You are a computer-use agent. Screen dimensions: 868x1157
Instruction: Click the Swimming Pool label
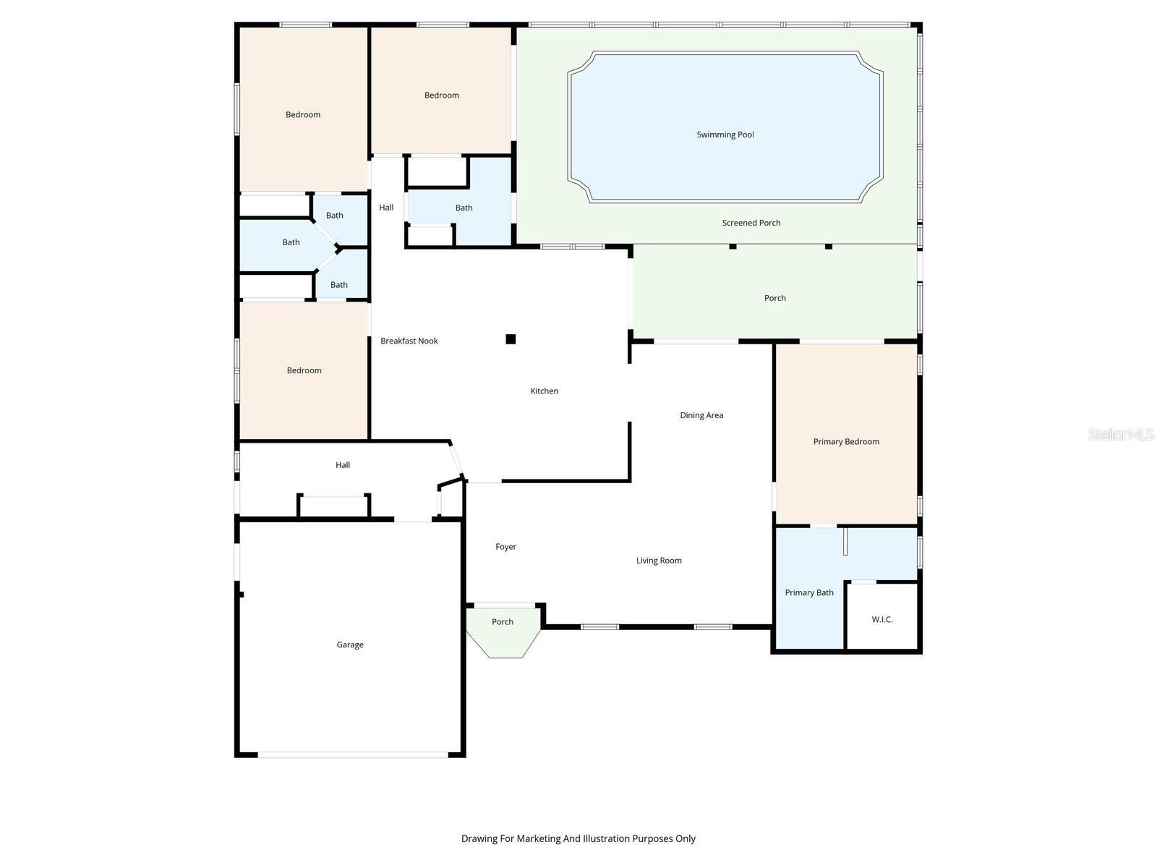tap(725, 135)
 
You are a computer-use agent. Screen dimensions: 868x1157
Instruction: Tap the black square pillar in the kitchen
tap(511, 339)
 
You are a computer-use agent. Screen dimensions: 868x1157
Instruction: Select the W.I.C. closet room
tap(882, 619)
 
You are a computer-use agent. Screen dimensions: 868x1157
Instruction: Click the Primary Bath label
tap(809, 592)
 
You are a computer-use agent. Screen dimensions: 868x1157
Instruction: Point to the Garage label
tap(350, 644)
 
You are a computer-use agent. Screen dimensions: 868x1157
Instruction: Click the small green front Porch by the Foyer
tap(503, 629)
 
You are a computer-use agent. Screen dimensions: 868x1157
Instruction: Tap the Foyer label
tap(505, 547)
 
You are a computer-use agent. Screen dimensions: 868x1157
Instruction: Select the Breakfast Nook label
tap(409, 341)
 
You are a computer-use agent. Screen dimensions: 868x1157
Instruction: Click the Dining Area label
tap(701, 415)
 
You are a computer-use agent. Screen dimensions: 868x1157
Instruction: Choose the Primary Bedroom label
tap(846, 441)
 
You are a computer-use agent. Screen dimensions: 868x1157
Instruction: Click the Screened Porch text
tap(751, 223)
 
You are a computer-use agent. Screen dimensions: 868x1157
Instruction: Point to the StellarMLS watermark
tap(1120, 434)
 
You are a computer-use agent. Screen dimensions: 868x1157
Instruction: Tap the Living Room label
tap(659, 561)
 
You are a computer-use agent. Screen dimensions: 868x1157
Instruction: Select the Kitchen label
tap(545, 391)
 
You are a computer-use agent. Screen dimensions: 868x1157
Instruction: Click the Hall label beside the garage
tap(343, 465)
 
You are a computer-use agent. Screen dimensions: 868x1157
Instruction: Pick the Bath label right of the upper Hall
tap(464, 208)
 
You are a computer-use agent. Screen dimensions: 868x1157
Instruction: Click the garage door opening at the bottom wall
tap(353, 754)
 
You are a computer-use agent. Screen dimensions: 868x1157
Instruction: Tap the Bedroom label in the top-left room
tap(303, 114)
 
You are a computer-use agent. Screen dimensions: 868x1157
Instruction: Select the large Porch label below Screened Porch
tap(775, 298)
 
